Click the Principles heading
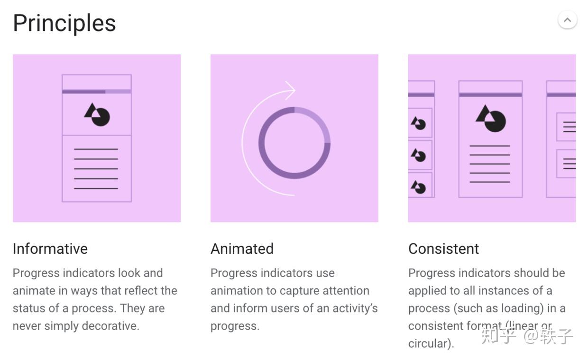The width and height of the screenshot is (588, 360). [64, 23]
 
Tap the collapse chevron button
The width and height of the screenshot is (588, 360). [567, 20]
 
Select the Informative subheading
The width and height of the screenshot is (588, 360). [50, 249]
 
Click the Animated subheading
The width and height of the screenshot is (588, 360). [242, 249]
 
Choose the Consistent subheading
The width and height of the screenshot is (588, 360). [443, 249]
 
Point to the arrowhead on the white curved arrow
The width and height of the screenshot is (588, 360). [291, 90]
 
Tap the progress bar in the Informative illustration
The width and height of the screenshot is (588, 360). [97, 92]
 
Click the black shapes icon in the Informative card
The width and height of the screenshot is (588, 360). [97, 114]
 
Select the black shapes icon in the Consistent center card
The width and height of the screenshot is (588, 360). [491, 119]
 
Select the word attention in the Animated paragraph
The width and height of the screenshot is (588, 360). [343, 291]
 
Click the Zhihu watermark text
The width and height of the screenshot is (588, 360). [526, 336]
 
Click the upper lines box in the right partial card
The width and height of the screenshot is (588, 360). [567, 127]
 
